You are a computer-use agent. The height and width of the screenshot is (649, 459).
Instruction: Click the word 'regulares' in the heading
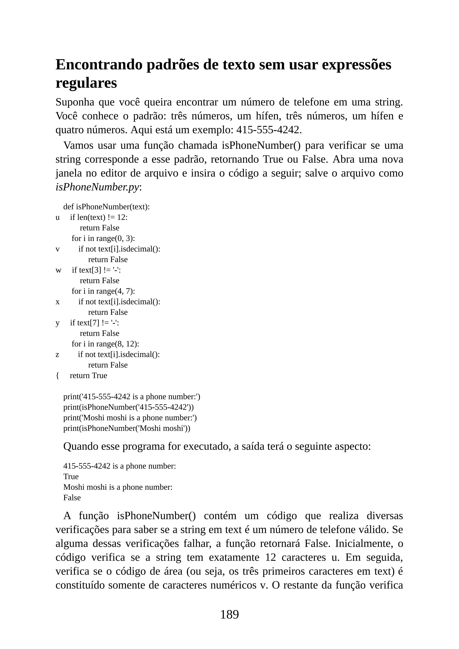point(86,83)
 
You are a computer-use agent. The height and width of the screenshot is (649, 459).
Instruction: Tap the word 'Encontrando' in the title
point(99,65)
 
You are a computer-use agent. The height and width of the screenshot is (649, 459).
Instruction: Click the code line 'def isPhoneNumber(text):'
point(106,207)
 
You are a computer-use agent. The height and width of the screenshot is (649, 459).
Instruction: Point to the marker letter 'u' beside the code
point(58,217)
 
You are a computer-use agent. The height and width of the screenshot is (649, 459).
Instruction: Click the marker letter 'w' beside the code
point(58,270)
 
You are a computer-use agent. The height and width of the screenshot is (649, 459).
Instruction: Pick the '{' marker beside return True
point(57,376)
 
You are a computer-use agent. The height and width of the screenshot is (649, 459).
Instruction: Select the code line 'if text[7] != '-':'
point(94,323)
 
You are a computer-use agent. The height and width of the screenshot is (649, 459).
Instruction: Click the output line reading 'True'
point(71,477)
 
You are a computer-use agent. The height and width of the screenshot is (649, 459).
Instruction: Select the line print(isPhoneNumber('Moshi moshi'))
point(127,428)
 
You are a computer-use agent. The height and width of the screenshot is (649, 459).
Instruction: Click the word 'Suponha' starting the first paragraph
point(75,102)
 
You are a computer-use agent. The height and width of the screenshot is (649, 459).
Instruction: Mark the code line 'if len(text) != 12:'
point(99,217)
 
